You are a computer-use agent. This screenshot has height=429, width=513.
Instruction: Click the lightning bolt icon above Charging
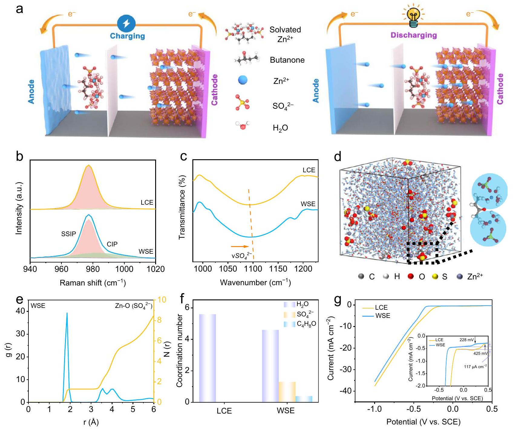(x=126, y=24)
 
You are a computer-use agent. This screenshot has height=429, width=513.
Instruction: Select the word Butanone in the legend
(x=287, y=60)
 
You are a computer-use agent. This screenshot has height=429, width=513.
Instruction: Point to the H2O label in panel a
(x=280, y=128)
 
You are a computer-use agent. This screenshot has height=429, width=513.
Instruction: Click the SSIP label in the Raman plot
(x=68, y=234)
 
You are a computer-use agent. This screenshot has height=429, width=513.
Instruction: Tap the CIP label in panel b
(x=112, y=244)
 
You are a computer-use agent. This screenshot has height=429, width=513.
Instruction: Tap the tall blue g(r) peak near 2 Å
(x=67, y=315)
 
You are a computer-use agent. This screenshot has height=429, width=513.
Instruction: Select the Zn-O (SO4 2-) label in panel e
(x=133, y=306)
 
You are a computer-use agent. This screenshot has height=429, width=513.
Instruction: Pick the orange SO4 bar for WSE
(x=287, y=392)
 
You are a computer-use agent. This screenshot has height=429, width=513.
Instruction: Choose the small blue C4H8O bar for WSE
(x=304, y=399)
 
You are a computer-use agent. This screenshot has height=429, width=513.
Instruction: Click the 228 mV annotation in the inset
(x=466, y=340)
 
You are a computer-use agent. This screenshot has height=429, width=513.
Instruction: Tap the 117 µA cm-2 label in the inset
(x=475, y=367)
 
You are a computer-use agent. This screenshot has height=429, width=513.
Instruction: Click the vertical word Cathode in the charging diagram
(x=214, y=90)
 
